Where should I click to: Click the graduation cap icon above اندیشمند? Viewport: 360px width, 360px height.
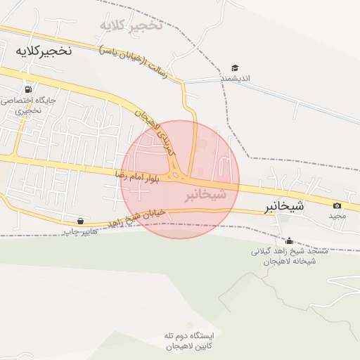coord(235,68)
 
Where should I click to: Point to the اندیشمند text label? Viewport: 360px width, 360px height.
coord(235,79)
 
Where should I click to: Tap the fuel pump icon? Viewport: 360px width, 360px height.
coord(27,89)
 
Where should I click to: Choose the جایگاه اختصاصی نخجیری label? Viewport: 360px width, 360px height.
coord(28,105)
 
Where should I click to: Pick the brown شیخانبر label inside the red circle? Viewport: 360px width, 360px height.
coord(205,195)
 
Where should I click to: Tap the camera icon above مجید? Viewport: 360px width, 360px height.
coord(337,205)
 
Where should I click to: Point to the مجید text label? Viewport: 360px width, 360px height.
coord(337,216)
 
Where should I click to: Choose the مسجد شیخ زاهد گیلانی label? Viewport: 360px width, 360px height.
coord(289,256)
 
